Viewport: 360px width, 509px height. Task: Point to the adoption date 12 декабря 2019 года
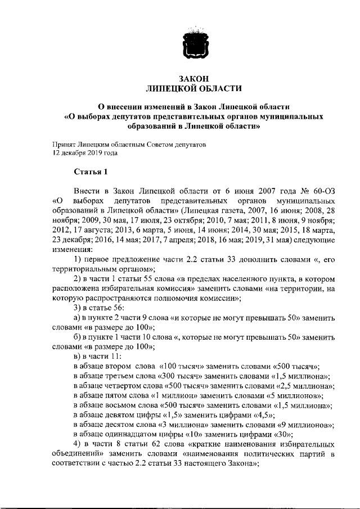pos(85,152)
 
